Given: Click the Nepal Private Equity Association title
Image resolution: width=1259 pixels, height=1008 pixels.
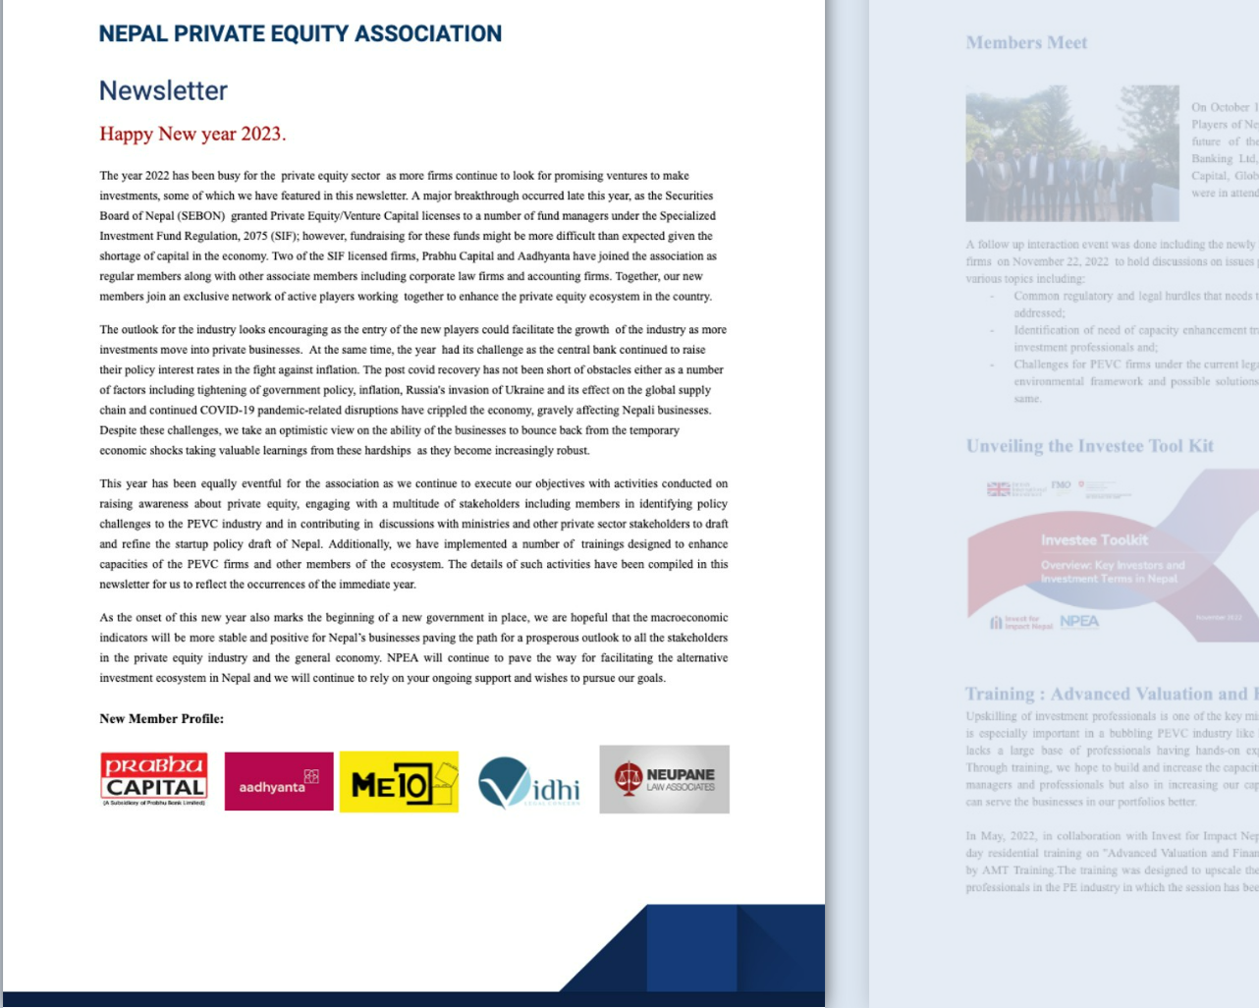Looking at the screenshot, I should (x=300, y=34).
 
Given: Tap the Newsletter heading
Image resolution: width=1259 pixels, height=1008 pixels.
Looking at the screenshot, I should (x=163, y=90).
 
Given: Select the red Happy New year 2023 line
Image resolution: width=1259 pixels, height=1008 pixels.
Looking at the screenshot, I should (x=192, y=134).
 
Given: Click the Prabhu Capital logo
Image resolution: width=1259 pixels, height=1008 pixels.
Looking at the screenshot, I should (x=154, y=780).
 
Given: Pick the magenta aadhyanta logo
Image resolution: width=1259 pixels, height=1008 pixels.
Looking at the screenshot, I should (x=279, y=781).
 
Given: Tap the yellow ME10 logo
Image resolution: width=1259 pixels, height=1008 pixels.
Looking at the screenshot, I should (x=399, y=782).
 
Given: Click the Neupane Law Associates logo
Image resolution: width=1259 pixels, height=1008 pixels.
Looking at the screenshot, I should (x=664, y=779).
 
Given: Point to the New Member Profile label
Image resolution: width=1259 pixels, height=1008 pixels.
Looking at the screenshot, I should (x=161, y=719).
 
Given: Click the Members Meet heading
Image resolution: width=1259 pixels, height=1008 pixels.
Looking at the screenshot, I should (x=1026, y=42).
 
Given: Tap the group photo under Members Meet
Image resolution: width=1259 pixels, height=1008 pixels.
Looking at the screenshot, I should (x=1071, y=153).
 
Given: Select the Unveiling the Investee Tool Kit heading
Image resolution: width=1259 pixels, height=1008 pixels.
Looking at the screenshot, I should (x=1089, y=446).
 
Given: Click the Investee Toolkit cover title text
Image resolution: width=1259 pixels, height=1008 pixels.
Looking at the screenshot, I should (x=1094, y=540).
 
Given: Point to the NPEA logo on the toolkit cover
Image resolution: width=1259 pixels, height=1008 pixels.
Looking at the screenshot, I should (x=1079, y=622).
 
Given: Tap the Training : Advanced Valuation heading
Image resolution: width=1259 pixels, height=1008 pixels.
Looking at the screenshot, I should (x=1110, y=694).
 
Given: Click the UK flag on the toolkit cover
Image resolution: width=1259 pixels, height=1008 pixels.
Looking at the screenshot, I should (x=998, y=489).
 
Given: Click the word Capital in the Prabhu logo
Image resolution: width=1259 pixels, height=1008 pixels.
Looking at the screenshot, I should (x=155, y=787).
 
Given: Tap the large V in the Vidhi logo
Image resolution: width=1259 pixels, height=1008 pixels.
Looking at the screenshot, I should (x=504, y=781).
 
